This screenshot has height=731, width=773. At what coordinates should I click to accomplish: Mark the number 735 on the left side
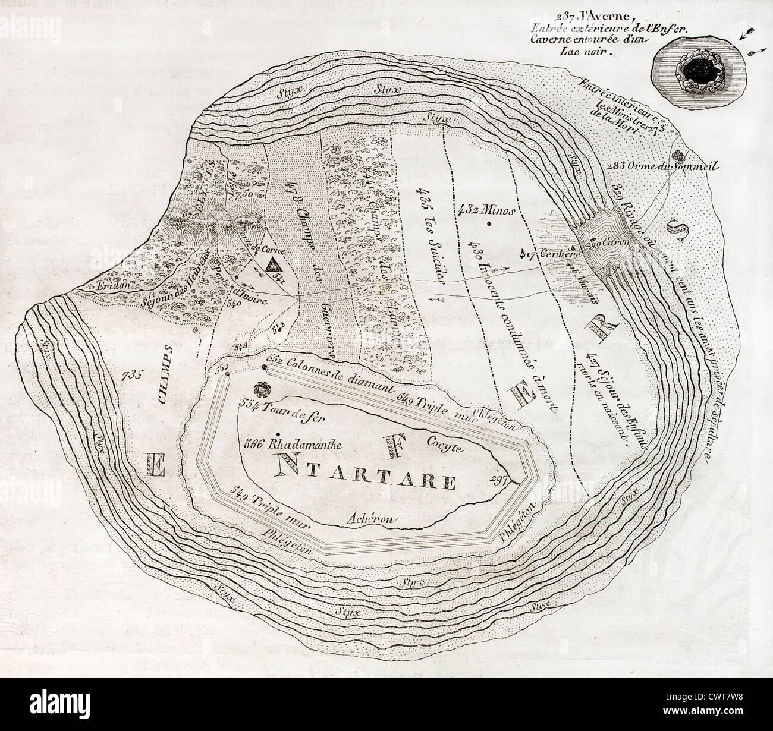pos(131,375)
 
